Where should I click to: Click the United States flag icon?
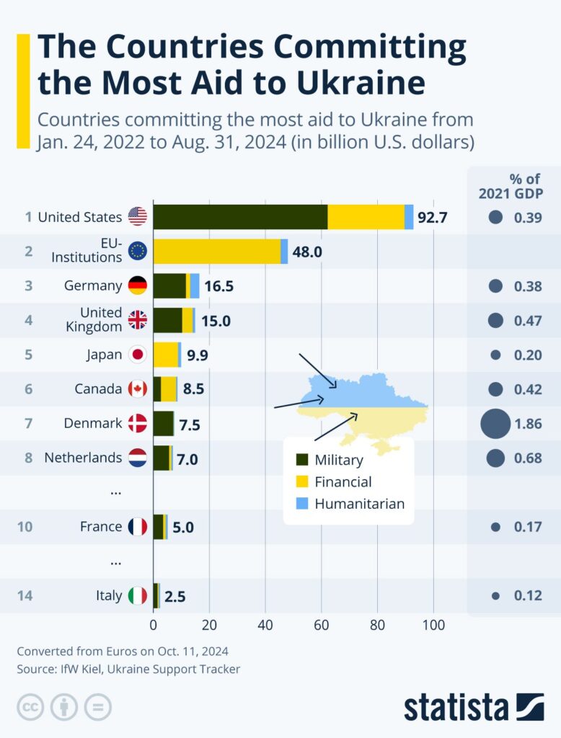point(137,216)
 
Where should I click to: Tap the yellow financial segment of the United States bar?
point(366,216)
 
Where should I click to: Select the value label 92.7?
point(433,217)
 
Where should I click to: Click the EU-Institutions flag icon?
point(137,251)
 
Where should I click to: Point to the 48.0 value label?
point(307,252)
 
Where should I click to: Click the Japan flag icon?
point(137,355)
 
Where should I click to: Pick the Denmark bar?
point(164,424)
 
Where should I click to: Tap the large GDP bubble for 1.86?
point(495,424)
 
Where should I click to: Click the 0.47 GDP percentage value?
point(528,321)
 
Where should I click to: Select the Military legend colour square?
point(303,460)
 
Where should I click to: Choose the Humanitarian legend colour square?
point(303,504)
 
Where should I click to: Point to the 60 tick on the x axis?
point(322,625)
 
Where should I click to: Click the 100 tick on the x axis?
point(433,625)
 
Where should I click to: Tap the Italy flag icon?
point(137,596)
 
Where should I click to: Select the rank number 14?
point(25,596)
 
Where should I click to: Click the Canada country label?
point(98,389)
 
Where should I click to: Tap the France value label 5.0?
point(183,528)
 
